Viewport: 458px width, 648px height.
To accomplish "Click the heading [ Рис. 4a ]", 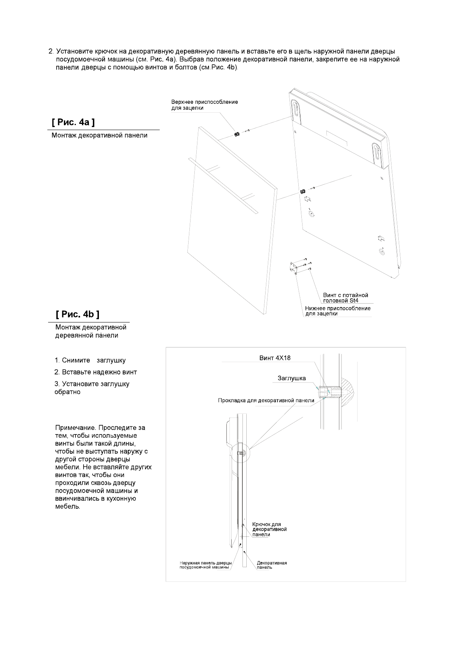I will coord(73,122).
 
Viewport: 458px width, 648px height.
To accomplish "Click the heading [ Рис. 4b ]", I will coord(77,314).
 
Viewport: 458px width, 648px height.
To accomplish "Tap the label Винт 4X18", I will coord(275,358).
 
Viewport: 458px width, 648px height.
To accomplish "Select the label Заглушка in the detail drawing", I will coord(292,378).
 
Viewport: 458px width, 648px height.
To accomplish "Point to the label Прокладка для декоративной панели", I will coord(266,400).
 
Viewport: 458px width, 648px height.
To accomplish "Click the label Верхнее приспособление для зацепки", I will coord(204,105).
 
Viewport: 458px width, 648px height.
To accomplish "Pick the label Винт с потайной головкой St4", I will coord(346,298).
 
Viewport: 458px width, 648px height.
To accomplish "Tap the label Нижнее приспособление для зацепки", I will coord(338,311).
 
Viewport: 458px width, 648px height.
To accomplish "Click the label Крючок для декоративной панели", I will coord(269,529).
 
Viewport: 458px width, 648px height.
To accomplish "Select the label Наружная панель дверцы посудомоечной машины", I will coord(206,565).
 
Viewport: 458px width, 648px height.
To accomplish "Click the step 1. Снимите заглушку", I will coord(90,361).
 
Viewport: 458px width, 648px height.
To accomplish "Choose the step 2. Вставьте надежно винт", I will coord(95,372).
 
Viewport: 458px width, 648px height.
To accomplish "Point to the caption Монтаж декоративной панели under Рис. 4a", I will coord(100,135).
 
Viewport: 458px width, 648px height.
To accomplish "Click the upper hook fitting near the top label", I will coord(237,134).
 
